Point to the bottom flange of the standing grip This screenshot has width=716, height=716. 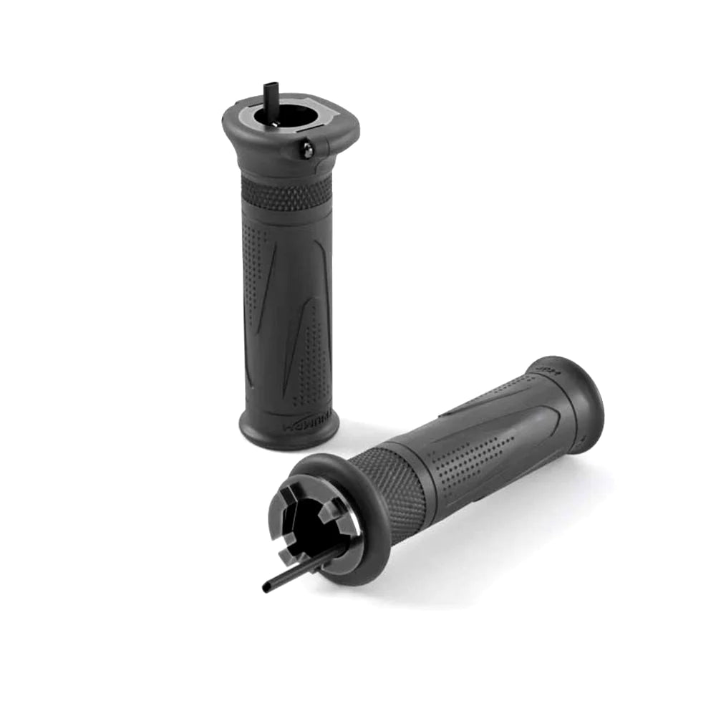coord(289,432)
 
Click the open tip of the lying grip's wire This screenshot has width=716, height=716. coord(267,589)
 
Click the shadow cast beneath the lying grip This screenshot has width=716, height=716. coord(501,544)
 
